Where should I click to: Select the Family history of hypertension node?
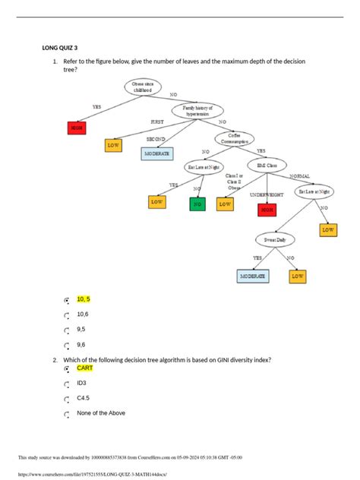(197, 111)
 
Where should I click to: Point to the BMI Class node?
(267, 164)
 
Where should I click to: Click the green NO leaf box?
(197, 204)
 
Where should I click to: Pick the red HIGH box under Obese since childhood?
(77, 128)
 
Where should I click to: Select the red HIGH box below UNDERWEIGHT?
(267, 210)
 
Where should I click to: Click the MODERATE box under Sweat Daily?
(253, 276)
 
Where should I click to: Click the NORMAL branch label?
(300, 176)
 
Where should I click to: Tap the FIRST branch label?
(157, 122)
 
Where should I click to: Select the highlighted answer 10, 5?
(84, 299)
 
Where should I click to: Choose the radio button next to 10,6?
(67, 314)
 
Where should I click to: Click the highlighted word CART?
(85, 368)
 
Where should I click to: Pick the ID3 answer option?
(82, 383)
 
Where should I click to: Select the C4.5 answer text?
(83, 398)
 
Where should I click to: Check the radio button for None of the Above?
(67, 414)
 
